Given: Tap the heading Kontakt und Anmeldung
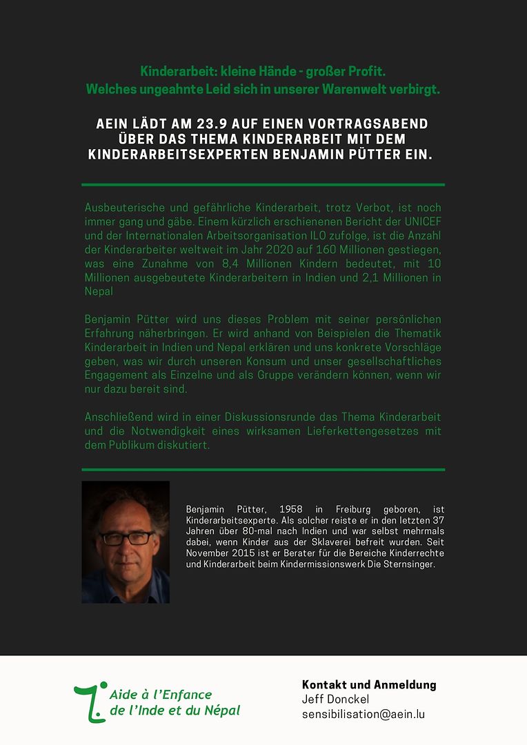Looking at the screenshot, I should [369, 685].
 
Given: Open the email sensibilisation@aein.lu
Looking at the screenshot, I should [363, 714].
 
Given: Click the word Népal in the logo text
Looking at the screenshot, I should [221, 711].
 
